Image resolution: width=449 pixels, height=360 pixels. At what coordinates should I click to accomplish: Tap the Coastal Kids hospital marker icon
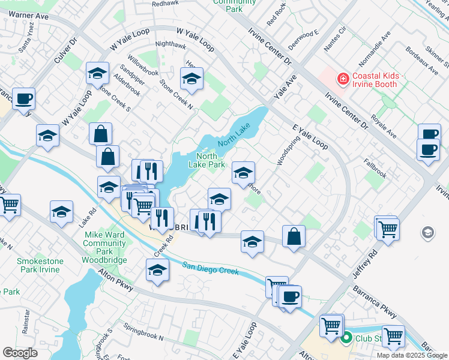(x=343, y=79)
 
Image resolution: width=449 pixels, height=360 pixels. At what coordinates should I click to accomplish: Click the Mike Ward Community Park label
(x=104, y=243)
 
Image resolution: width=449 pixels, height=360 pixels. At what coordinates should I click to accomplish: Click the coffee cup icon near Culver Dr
(x=23, y=98)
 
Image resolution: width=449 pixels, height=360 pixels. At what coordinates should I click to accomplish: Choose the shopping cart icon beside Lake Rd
(x=10, y=205)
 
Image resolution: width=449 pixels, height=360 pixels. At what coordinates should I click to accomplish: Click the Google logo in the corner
(x=20, y=352)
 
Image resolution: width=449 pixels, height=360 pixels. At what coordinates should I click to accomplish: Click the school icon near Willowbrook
(x=97, y=73)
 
